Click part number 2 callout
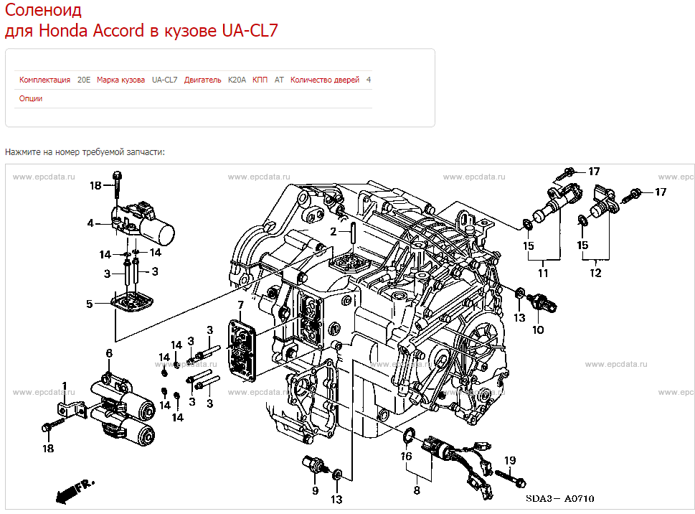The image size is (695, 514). pos(334,231)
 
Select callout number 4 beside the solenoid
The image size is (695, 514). pos(90,223)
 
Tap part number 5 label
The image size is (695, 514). pos(90,304)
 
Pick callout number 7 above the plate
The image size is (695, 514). pos(241,307)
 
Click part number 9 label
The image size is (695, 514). pos(314,490)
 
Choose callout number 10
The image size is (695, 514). pos(538,330)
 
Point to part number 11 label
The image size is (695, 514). pos(543,273)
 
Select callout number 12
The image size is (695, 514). pos(595,273)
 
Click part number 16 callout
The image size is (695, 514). pos(406,456)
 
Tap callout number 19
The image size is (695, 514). pos(510,459)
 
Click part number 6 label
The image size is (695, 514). pos(109,352)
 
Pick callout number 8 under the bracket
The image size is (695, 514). pos(417,491)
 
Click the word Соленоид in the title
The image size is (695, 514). pos(43,11)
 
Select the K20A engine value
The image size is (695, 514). pos(237,80)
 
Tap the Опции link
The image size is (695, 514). pos(31,98)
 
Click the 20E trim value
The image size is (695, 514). pos(84,80)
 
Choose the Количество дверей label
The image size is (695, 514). pos(325,80)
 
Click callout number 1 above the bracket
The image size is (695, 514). pos(65,386)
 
